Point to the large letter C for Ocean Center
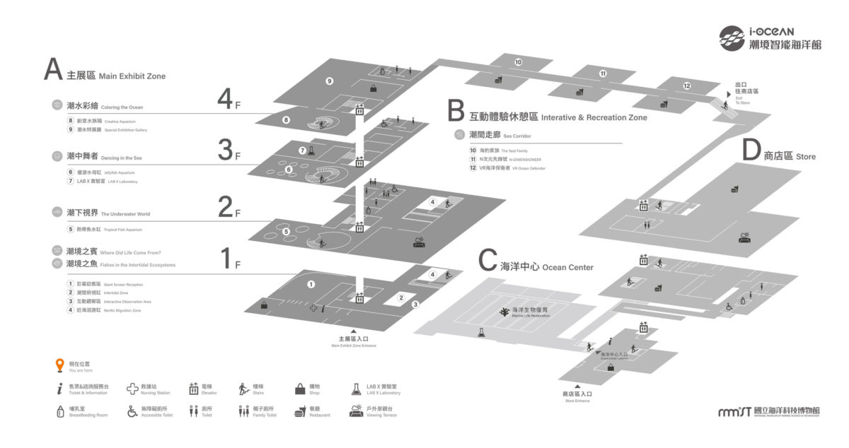[487, 261]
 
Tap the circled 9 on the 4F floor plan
[329, 81]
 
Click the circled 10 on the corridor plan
[518, 63]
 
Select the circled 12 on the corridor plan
[686, 86]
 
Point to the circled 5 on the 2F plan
[287, 230]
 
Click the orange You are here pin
[61, 365]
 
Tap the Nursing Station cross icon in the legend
[132, 389]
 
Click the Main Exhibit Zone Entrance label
[353, 342]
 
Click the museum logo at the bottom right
[768, 411]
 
